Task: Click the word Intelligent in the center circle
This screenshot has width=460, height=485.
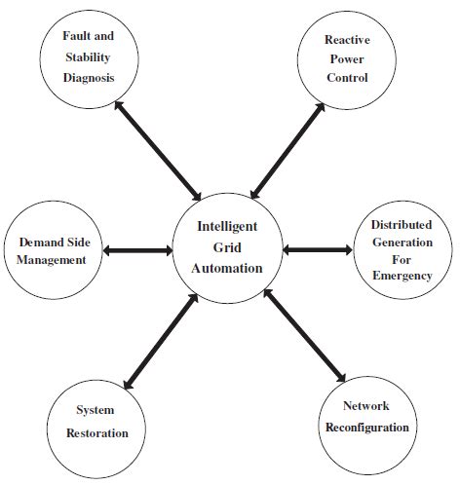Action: pyautogui.click(x=227, y=226)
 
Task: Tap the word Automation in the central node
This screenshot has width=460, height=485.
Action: pyautogui.click(x=227, y=268)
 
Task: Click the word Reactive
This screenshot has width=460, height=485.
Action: pyautogui.click(x=347, y=40)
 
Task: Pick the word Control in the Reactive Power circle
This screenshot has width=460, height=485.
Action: pyautogui.click(x=347, y=78)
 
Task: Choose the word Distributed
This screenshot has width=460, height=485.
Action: pyautogui.click(x=402, y=225)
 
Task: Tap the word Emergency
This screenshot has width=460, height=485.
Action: pyautogui.click(x=402, y=277)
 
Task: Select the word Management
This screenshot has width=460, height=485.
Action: pyautogui.click(x=53, y=259)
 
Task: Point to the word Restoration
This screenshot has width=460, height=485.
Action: pyautogui.click(x=96, y=432)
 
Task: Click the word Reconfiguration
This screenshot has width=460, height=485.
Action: pyautogui.click(x=366, y=428)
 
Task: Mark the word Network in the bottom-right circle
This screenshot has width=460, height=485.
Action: pyautogui.click(x=366, y=405)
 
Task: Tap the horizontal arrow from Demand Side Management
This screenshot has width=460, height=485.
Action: pyautogui.click(x=136, y=251)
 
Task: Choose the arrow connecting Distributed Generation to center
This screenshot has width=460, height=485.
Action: pyautogui.click(x=317, y=250)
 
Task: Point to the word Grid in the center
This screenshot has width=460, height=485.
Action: pyautogui.click(x=227, y=247)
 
